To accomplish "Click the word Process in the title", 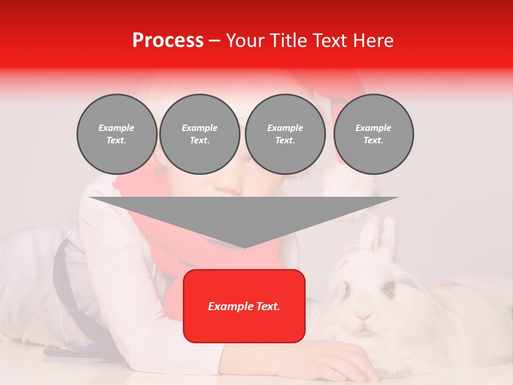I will point(168,41).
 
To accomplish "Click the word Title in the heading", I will point(285,41).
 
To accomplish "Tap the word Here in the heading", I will point(372,41).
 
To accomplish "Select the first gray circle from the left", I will point(117,134).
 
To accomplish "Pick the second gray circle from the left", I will point(200,134).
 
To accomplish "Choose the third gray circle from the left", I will point(285,134).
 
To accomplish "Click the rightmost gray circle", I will point(374,134).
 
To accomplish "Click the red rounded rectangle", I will point(244,306).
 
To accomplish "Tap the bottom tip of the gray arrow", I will point(244,247).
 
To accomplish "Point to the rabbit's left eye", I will point(346,289).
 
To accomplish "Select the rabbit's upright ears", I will point(377,233).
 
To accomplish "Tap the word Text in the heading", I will point(328,41).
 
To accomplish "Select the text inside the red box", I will point(244,306).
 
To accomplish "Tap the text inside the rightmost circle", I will point(374,134).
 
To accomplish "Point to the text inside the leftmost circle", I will point(117,134).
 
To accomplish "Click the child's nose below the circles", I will point(231,184).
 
